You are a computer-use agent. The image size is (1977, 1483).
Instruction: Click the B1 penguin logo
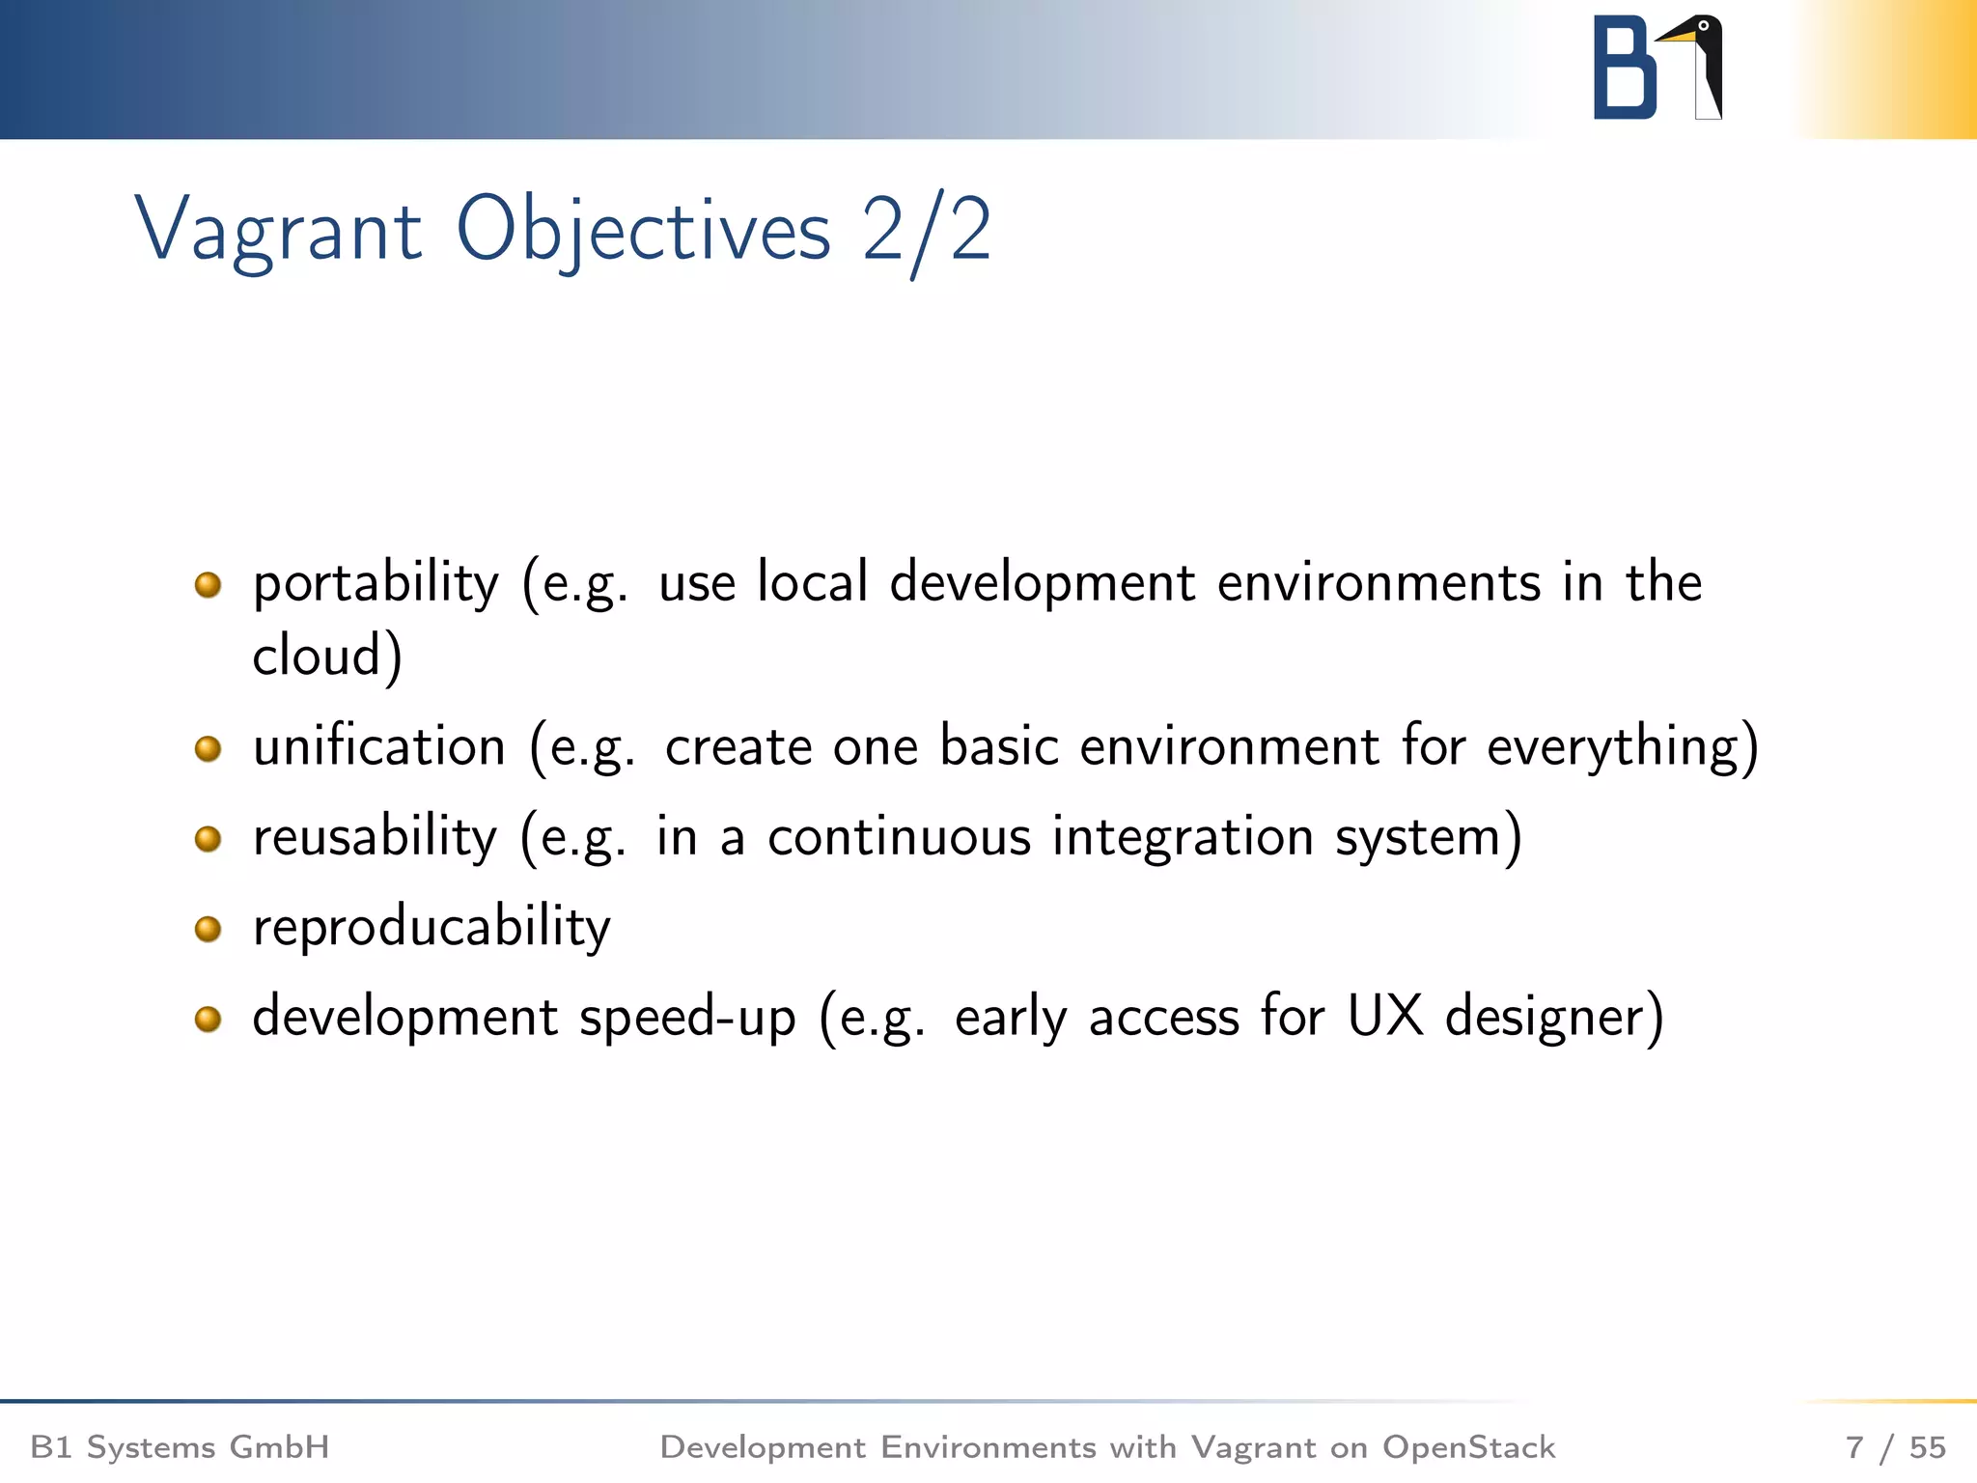(1657, 68)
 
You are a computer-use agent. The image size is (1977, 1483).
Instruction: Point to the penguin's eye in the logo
(1704, 26)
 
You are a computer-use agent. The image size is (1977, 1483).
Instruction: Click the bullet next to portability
(208, 584)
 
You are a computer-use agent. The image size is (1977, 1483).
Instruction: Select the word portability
(376, 584)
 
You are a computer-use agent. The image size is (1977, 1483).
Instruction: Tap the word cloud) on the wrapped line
(326, 657)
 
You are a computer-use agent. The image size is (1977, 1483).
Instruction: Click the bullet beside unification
(208, 748)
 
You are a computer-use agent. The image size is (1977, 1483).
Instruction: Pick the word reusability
(375, 837)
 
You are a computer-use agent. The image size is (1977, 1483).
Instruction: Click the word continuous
(899, 837)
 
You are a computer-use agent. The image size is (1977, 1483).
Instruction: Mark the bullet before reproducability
(208, 929)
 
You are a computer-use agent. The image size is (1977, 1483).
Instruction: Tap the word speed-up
(687, 1018)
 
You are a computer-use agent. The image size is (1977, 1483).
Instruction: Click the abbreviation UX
(1384, 1018)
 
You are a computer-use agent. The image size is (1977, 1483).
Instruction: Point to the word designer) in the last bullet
(1554, 1018)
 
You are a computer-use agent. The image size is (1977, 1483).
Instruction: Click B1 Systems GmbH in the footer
(181, 1447)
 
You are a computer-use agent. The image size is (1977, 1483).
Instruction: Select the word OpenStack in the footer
(1468, 1447)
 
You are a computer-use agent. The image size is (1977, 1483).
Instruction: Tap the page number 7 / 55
(1895, 1447)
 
